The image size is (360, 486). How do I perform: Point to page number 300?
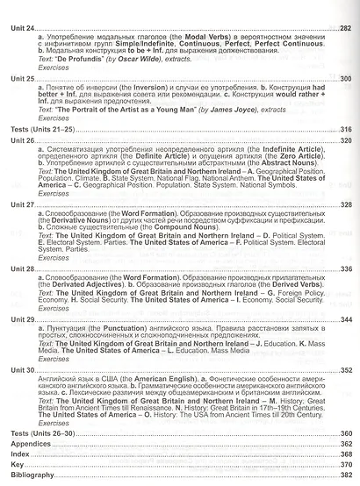(343, 79)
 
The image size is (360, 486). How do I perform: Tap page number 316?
(343, 129)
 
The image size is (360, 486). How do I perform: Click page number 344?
(343, 319)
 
